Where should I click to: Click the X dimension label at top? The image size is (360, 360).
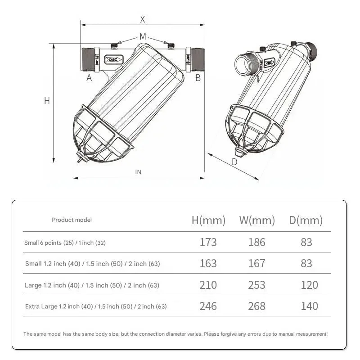pos(143,19)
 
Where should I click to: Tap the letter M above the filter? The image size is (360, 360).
pos(143,36)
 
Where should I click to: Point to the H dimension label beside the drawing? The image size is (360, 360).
pos(47,101)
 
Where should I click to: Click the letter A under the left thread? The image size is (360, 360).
pos(89,78)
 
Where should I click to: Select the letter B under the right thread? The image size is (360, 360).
pos(198,78)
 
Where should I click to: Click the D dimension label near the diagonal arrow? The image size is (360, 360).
pos(234,162)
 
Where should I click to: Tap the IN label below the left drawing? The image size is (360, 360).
pos(138,172)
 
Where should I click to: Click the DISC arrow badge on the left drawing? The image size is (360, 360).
pos(114,60)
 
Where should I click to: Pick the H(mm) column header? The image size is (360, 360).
pos(208,220)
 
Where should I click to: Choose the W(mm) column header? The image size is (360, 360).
pos(257,220)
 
